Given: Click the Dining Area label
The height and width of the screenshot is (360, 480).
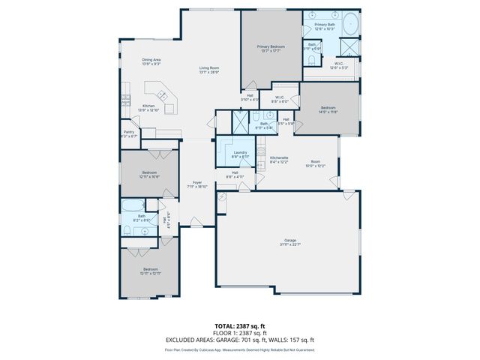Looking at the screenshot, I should pyautogui.click(x=151, y=61).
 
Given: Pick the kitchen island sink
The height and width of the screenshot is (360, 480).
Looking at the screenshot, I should pyautogui.click(x=160, y=94).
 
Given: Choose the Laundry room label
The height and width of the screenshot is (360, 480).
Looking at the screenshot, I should pyautogui.click(x=240, y=153).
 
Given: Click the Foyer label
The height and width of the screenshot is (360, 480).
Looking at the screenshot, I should pyautogui.click(x=197, y=183).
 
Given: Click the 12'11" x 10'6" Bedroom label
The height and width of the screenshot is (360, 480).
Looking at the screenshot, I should pyautogui.click(x=149, y=173).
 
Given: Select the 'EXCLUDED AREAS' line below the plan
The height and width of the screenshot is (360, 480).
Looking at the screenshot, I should pyautogui.click(x=240, y=340).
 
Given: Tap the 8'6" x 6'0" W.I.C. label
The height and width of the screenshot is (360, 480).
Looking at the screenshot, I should pyautogui.click(x=278, y=99).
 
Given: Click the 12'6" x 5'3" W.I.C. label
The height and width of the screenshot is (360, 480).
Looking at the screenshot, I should pyautogui.click(x=338, y=64).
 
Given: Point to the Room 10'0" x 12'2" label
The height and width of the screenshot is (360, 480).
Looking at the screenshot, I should pyautogui.click(x=316, y=163).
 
